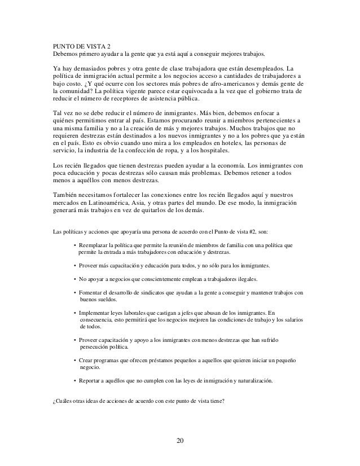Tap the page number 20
click(x=179, y=440)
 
